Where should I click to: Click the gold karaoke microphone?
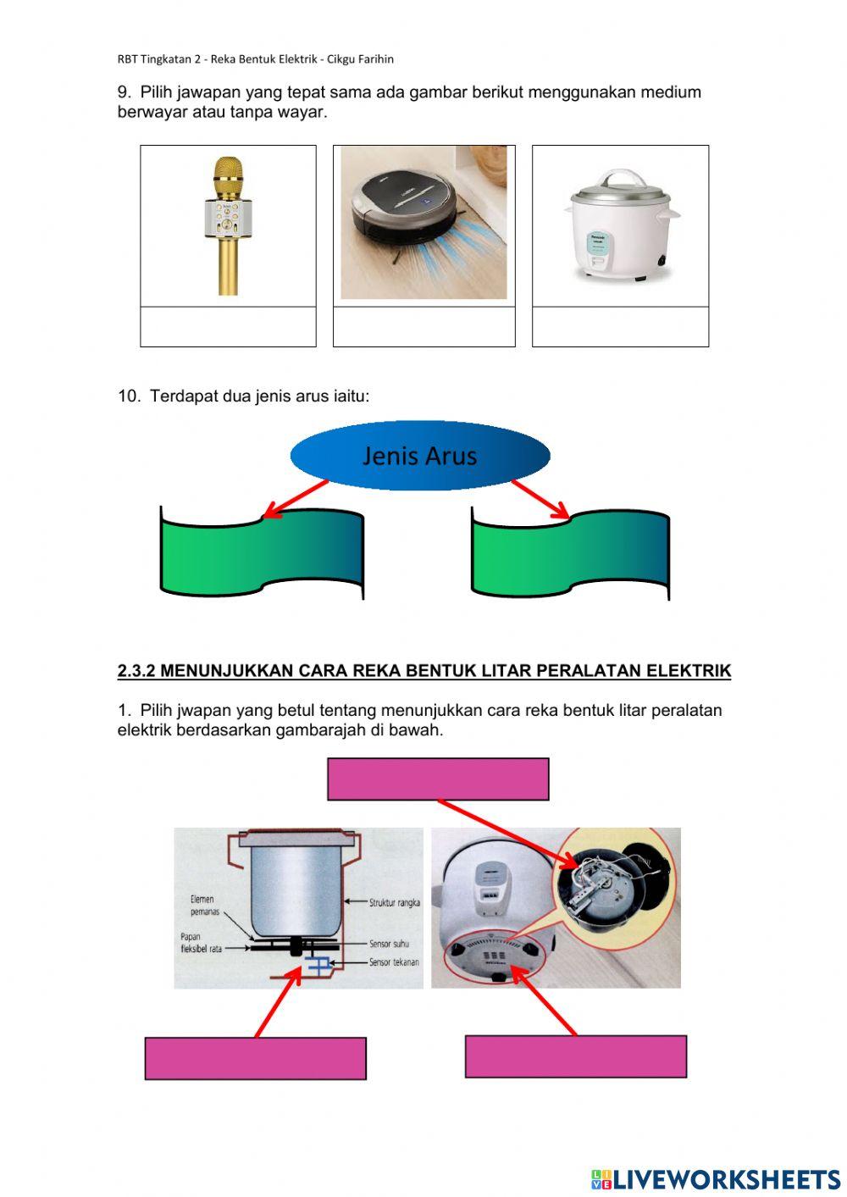coord(228,224)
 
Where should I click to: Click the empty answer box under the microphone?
coord(228,327)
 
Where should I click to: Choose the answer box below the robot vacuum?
coord(423,327)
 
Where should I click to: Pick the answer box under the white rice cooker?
coord(620,327)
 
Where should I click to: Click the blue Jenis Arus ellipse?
coord(420,456)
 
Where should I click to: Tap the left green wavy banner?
coord(262,551)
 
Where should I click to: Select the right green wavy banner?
coord(570,552)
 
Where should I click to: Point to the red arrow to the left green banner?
coord(295,499)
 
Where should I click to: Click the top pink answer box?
coord(438,779)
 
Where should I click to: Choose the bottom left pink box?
coord(255,1058)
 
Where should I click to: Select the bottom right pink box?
coord(575,1056)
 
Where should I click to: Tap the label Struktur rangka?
coord(394,903)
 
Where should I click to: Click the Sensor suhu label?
coord(389,943)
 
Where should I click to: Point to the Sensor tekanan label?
coord(394,962)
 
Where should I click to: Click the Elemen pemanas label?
coord(203,906)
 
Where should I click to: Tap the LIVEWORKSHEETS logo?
coord(715,1178)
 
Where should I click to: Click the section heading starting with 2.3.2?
coord(423,671)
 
